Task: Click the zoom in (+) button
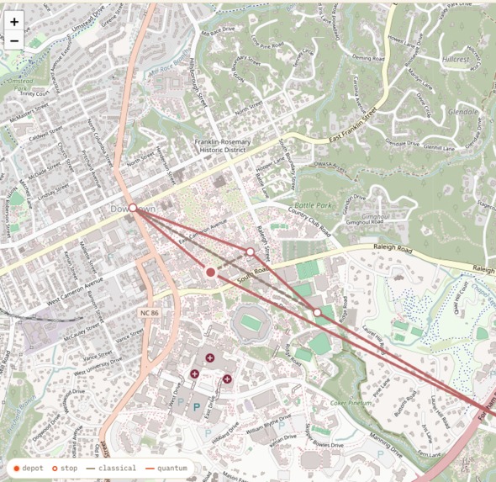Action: click(x=14, y=22)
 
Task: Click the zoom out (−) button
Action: click(x=14, y=40)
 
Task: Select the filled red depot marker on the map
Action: click(x=211, y=272)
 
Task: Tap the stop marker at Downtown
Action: click(x=133, y=208)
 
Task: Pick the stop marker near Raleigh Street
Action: click(x=250, y=252)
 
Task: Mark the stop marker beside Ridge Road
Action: click(x=317, y=313)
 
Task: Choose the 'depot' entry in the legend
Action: click(x=28, y=468)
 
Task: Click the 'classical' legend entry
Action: click(x=112, y=468)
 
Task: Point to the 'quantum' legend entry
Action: click(x=167, y=468)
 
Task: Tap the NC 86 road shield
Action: click(x=149, y=313)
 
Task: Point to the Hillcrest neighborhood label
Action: click(x=456, y=60)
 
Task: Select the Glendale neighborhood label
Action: click(x=462, y=111)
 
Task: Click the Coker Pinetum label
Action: click(x=350, y=403)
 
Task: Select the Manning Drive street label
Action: click(x=387, y=438)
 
